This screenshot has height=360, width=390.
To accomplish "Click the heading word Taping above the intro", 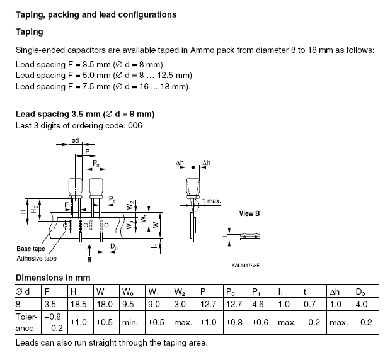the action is click(30, 32).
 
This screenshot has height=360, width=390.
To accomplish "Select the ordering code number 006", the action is click(135, 125).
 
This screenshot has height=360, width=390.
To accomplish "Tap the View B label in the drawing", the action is click(249, 213).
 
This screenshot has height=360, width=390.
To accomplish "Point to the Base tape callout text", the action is click(31, 249).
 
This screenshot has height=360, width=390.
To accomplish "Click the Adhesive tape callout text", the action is click(37, 259).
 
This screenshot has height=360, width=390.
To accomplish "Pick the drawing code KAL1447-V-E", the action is click(246, 266).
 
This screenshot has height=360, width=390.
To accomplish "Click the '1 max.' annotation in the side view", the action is click(212, 201).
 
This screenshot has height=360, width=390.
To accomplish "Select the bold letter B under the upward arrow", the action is click(89, 260).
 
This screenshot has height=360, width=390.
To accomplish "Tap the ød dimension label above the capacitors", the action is click(75, 140).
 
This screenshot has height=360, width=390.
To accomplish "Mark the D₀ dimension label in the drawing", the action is click(114, 247).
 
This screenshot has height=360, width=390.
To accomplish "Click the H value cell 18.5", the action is click(79, 304).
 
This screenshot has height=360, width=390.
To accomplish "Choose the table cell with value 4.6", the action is click(258, 304).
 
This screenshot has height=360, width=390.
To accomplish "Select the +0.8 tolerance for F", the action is click(52, 317).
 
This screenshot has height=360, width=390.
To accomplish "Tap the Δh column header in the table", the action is click(335, 291).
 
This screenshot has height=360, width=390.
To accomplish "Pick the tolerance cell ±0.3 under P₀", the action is click(234, 322).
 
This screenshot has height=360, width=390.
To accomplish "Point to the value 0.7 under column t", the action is click(309, 304).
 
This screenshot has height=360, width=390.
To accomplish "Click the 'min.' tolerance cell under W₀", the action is click(130, 323).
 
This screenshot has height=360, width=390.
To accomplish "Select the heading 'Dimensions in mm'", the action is click(53, 278).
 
